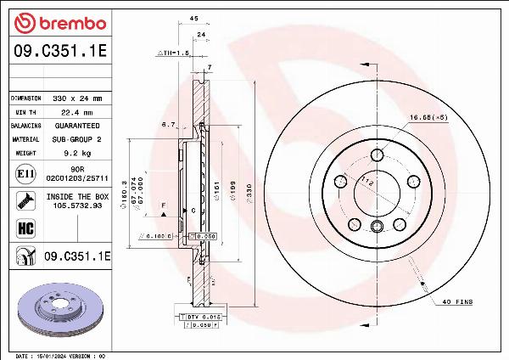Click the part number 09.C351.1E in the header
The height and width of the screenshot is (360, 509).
[x=59, y=52]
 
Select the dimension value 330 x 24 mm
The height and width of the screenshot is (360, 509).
[x=70, y=98]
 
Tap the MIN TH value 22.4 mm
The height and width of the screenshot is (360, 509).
[x=70, y=112]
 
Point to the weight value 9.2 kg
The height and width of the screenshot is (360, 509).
[x=71, y=153]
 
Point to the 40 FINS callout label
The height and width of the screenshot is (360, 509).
[x=457, y=302]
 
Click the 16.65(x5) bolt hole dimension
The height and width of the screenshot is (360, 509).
[x=428, y=117]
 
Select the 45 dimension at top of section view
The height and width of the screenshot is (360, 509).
[x=193, y=17]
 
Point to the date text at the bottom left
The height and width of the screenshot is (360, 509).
[x=59, y=355]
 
